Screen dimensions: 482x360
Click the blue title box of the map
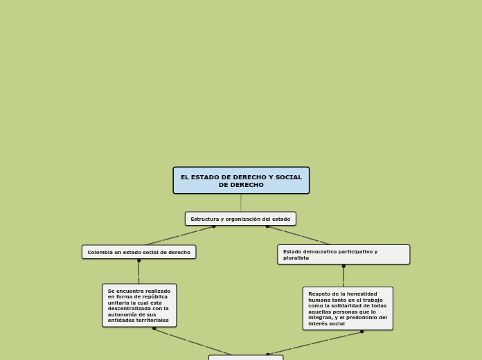click(241, 181)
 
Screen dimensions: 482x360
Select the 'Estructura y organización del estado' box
click(240, 219)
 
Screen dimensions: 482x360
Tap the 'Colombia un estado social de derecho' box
click(139, 252)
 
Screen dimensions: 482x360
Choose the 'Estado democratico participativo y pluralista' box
click(343, 254)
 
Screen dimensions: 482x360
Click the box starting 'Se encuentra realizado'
click(139, 305)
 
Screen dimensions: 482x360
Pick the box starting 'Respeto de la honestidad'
click(348, 308)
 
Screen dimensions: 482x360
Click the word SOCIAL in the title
click(289, 177)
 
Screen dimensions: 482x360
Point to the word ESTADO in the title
click(206, 177)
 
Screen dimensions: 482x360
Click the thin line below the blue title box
click(241, 203)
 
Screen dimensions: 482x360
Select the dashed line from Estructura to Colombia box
click(179, 236)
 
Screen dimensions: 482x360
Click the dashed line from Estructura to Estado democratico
click(298, 235)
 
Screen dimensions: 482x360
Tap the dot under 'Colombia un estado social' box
click(139, 261)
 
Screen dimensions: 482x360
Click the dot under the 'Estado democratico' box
click(343, 267)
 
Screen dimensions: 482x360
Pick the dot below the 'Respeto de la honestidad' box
click(361, 332)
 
